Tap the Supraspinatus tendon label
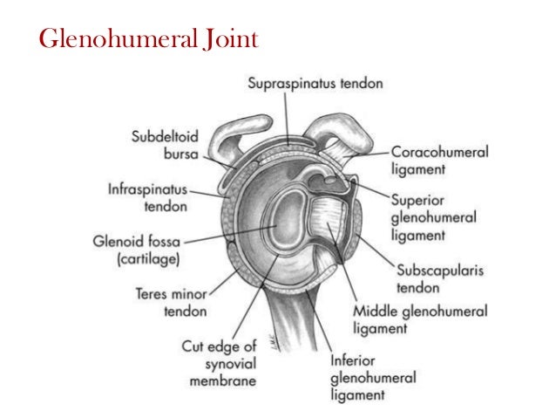[x=315, y=84]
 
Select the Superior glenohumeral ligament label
[x=432, y=216]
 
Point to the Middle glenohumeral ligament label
[x=419, y=319]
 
